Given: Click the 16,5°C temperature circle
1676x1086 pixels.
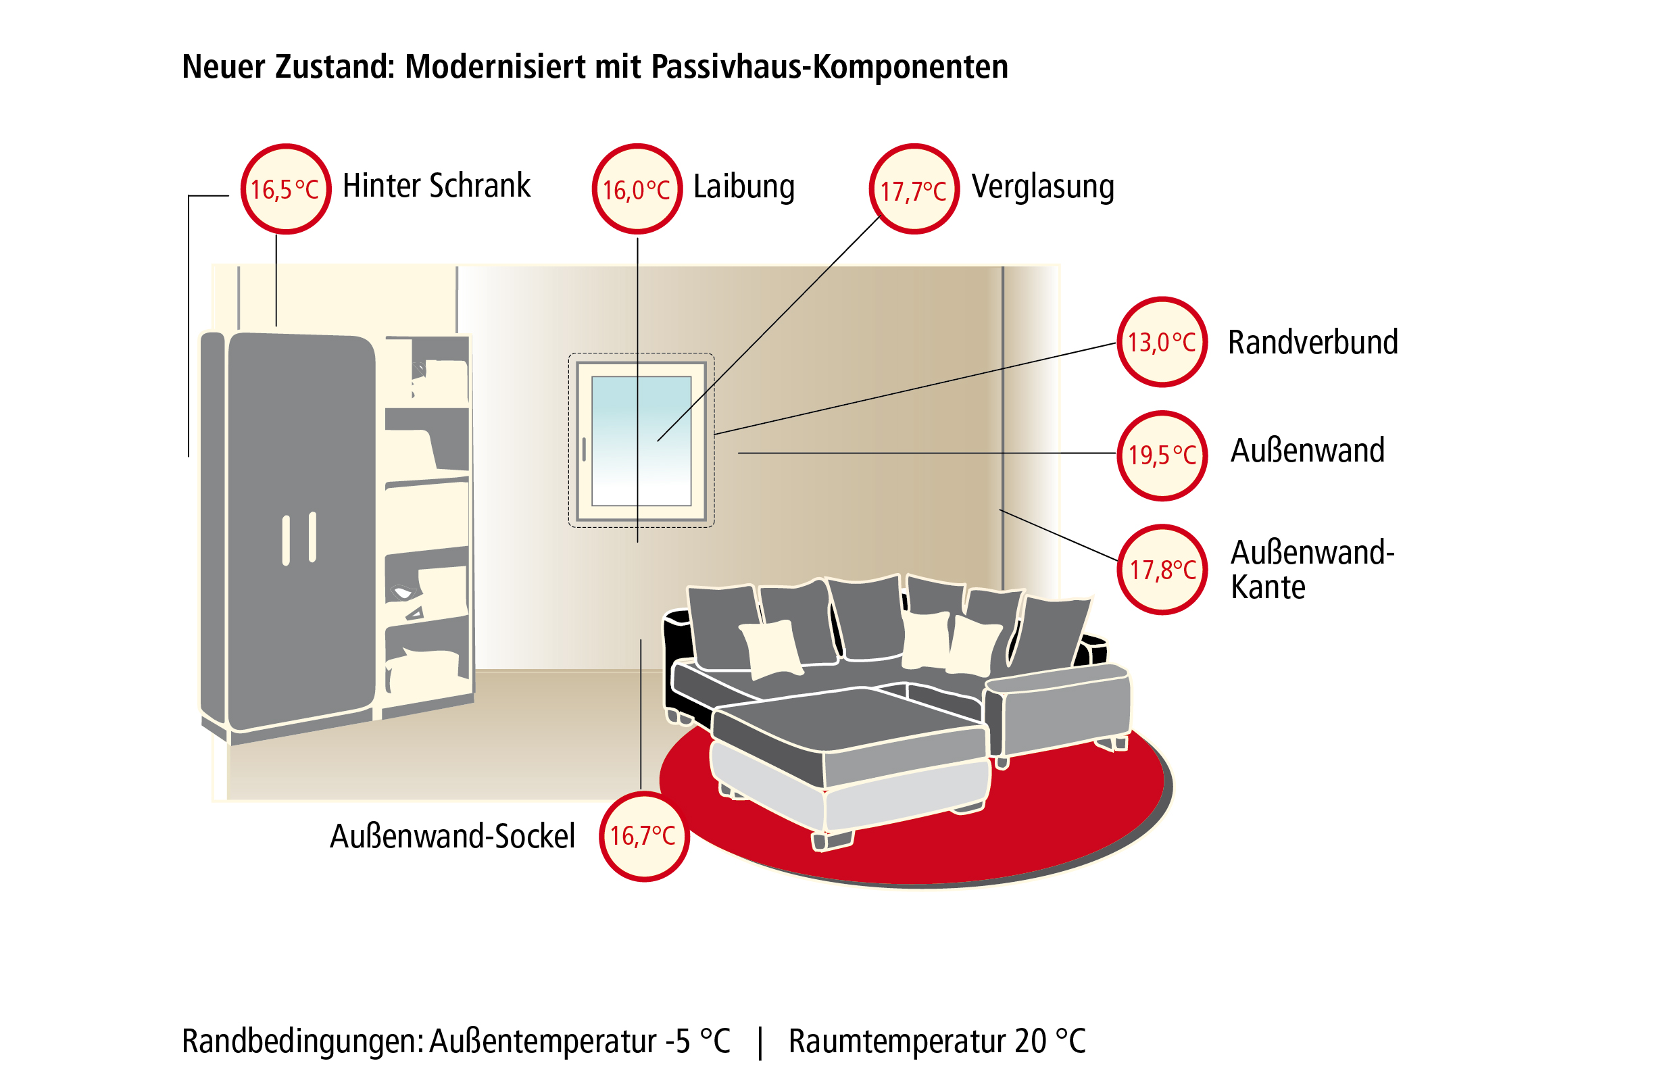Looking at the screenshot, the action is (x=286, y=189).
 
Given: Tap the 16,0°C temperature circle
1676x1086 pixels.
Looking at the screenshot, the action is (x=637, y=189).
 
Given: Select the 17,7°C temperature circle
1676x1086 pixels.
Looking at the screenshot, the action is (x=914, y=189).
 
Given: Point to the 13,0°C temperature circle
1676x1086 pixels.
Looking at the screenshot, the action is (x=1162, y=341).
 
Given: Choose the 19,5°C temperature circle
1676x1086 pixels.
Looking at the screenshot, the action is (x=1162, y=455).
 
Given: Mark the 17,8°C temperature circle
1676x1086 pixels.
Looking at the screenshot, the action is (x=1162, y=569).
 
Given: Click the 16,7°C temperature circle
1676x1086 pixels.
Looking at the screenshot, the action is (x=644, y=836).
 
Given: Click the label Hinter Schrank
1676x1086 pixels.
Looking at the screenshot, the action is (x=437, y=186).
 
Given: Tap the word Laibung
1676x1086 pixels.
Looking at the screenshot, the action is (x=744, y=187).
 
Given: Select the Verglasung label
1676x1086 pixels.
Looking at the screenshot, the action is (x=1043, y=187).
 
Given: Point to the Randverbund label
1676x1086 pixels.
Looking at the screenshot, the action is (x=1313, y=342).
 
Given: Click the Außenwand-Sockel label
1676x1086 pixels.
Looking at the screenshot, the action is (x=453, y=836).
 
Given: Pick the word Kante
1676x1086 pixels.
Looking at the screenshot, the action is (x=1268, y=587).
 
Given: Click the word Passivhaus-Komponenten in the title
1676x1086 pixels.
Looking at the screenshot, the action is (x=829, y=67).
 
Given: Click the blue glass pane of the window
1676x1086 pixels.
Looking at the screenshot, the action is (x=641, y=441).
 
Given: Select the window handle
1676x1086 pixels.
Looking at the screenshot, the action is (x=584, y=449).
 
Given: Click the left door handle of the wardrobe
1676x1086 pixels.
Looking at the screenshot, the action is (x=286, y=540).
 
